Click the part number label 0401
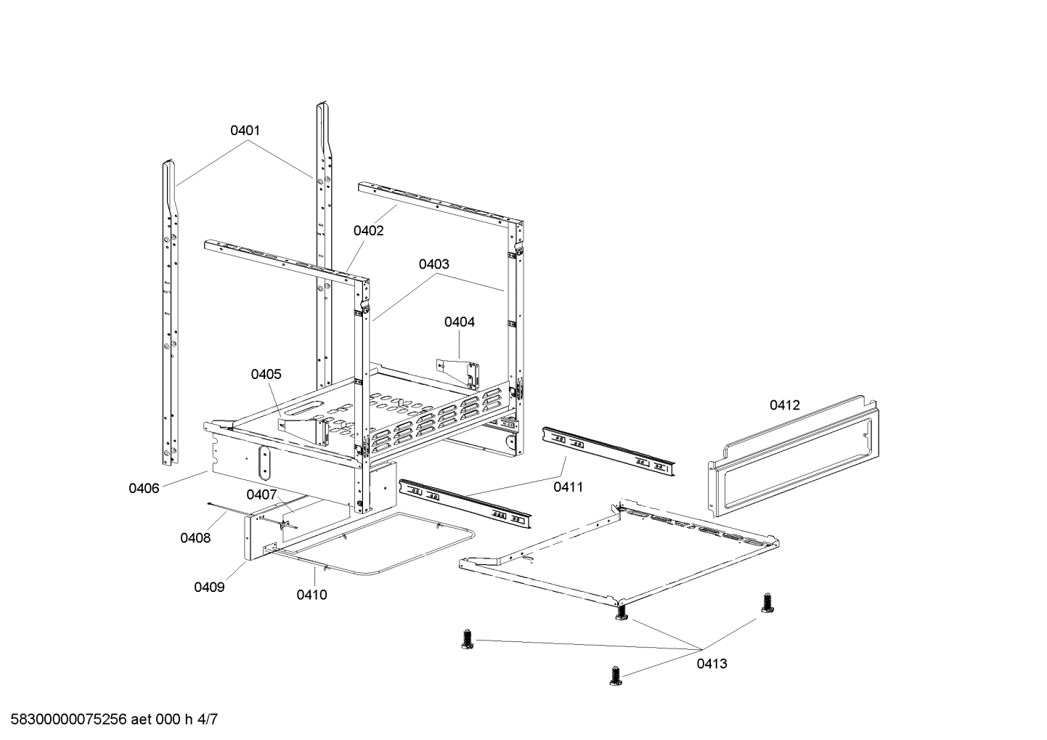point(245,131)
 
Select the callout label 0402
point(369,230)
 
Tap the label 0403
point(433,264)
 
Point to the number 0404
point(460,322)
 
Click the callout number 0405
point(266,374)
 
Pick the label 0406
point(144,488)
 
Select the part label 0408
point(195,537)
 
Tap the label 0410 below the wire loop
point(311,595)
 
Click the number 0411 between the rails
point(569,487)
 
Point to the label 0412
point(785,404)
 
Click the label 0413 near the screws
point(712,663)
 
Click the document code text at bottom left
point(109,720)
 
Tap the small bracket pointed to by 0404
point(460,371)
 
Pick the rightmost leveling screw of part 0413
point(766,602)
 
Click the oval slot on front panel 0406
point(264,462)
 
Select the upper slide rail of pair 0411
point(608,451)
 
